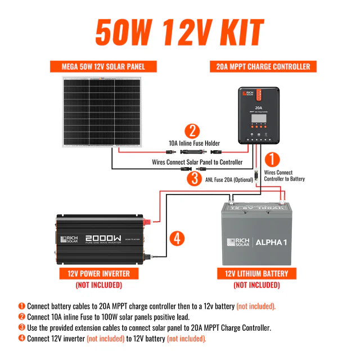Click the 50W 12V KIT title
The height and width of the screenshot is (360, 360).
pyautogui.click(x=179, y=33)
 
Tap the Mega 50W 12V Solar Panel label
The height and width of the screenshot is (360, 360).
pyautogui.click(x=104, y=66)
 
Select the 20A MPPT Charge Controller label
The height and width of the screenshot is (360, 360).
pyautogui.click(x=263, y=66)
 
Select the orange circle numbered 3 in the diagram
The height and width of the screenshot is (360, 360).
pyautogui.click(x=194, y=179)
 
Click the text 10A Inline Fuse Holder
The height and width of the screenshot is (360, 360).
pyautogui.click(x=195, y=143)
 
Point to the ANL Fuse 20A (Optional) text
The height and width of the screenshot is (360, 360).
pyautogui.click(x=229, y=180)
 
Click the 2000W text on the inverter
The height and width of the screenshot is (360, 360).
pyautogui.click(x=103, y=239)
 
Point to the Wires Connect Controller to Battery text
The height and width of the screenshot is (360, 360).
pyautogui.click(x=285, y=175)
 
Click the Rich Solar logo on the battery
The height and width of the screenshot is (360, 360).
pyautogui.click(x=237, y=242)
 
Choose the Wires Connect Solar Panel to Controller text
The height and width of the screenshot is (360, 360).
pyautogui.click(x=197, y=162)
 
